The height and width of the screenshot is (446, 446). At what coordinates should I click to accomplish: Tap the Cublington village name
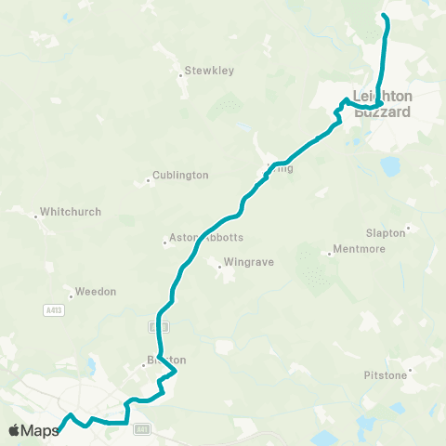point(181,175)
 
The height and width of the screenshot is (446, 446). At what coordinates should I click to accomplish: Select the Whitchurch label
point(71,212)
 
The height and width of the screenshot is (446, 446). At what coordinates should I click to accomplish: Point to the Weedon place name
point(97,292)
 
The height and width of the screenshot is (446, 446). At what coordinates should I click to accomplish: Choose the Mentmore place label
point(358,251)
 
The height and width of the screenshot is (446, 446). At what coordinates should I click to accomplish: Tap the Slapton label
point(386,232)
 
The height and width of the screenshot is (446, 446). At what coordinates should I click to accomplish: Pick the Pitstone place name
point(386,376)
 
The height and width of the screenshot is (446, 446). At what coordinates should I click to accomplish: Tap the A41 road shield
point(141,428)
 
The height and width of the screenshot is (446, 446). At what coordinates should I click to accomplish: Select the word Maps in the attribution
point(40,430)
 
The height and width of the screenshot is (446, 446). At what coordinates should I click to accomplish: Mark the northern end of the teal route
point(385,17)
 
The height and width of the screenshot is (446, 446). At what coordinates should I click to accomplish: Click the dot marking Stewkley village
point(181,74)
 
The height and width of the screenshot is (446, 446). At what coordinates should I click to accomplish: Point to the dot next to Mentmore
point(329,251)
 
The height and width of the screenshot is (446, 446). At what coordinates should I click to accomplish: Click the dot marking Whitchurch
point(36,216)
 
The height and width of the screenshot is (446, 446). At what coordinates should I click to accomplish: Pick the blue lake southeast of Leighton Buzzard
point(390,165)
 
